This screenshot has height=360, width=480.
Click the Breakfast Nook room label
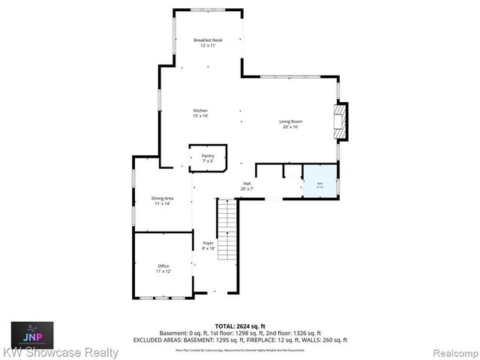click(208, 39)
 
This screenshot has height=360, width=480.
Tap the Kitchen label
click(200, 110)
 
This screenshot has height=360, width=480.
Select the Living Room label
click(291, 121)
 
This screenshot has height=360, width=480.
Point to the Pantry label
click(208, 155)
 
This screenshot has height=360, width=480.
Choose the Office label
click(163, 265)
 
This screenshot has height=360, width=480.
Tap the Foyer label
click(208, 242)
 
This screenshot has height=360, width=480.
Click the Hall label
click(247, 183)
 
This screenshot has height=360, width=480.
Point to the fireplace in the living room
click(341, 121)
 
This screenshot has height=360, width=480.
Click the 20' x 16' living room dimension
click(291, 127)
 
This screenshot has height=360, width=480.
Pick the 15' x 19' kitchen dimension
click(200, 116)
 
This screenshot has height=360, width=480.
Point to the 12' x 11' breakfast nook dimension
click(208, 45)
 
